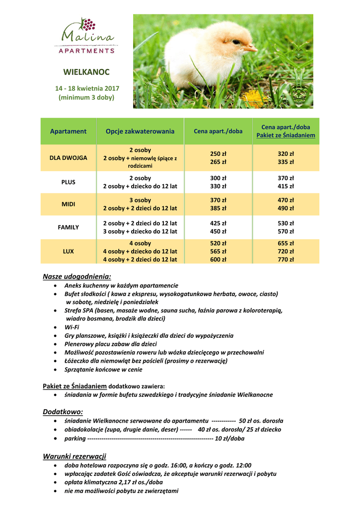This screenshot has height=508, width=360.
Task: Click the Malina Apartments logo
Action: (x=86, y=36)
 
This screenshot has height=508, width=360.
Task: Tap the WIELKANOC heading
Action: (x=86, y=72)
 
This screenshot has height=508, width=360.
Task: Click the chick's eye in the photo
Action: (x=235, y=42)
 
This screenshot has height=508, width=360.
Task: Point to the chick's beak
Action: (x=251, y=48)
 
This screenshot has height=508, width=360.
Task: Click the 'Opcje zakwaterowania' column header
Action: (x=140, y=131)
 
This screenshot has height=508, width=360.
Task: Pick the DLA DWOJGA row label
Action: (x=69, y=158)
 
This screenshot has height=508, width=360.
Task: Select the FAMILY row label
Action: (x=69, y=227)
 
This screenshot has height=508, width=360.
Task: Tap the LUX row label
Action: (x=69, y=252)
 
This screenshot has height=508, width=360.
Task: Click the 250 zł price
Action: (x=218, y=154)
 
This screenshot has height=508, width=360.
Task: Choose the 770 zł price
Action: (x=286, y=259)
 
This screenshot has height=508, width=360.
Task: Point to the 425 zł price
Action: (x=218, y=223)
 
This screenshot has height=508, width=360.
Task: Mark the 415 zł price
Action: (x=286, y=186)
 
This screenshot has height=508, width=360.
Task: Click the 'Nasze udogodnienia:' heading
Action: (x=77, y=276)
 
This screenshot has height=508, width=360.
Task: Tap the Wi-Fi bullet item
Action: (x=72, y=327)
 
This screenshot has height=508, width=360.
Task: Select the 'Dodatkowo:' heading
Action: (x=63, y=412)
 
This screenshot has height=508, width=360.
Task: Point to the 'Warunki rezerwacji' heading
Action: (x=74, y=456)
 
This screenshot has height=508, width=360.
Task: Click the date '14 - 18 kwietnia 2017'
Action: (x=86, y=88)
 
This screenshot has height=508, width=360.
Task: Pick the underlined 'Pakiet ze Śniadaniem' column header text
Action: (x=286, y=135)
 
